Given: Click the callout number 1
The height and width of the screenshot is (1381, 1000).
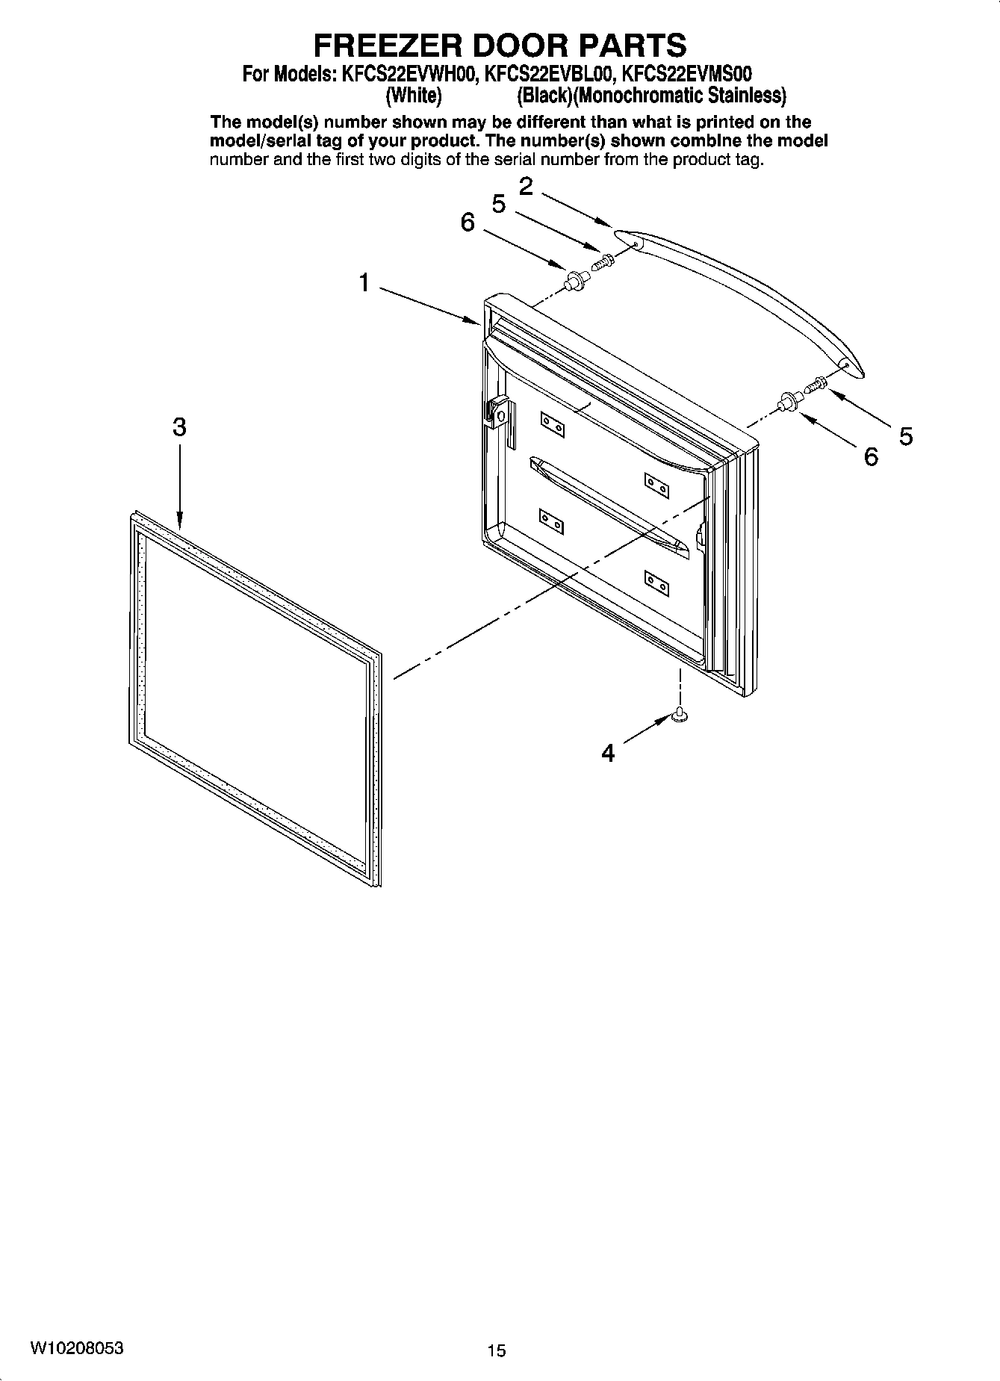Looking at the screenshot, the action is point(364,283).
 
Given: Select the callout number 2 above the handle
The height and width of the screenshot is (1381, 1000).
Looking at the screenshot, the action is point(526,186).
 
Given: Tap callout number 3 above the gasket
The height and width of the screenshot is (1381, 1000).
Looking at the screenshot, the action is point(179,428).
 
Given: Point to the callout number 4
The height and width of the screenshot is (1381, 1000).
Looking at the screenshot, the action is point(609,754).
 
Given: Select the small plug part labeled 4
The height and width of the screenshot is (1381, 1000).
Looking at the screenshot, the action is point(680,716).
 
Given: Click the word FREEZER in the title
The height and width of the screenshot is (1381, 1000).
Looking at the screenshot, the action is point(388,46).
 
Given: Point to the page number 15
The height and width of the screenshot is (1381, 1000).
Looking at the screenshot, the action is point(496,1350).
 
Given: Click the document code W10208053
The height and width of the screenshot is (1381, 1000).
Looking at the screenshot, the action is point(77,1349).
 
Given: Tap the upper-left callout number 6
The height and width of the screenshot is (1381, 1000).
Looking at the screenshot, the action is point(468,222).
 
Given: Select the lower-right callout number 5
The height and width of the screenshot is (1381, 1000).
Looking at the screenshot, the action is point(906,436).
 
